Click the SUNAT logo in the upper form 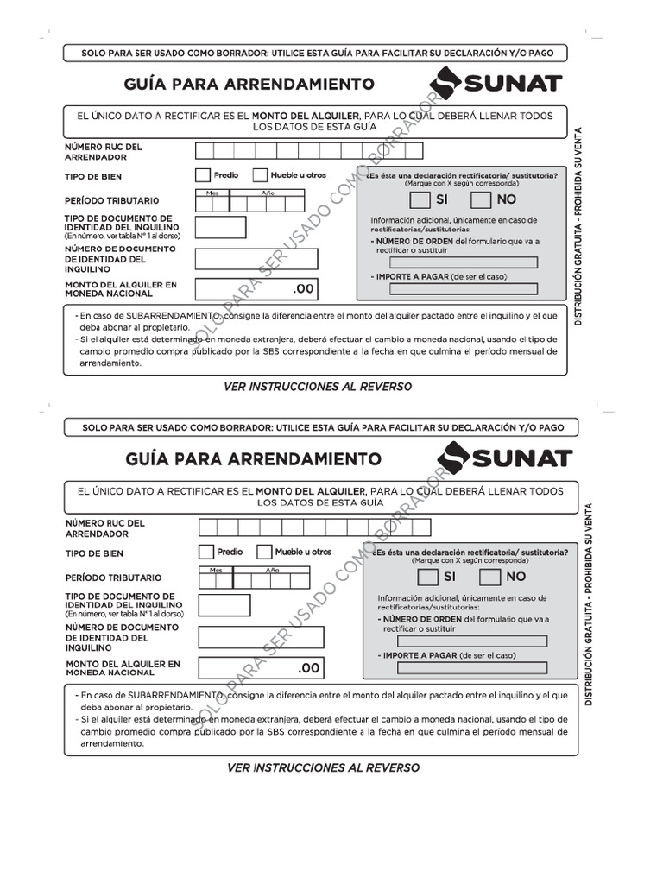497,84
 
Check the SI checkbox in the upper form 419,200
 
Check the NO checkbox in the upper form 481,200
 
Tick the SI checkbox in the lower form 426,577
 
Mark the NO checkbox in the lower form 489,577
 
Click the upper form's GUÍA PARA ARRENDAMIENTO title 250,84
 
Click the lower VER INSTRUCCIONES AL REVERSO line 323,767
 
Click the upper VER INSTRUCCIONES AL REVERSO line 318,387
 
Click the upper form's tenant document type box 220,228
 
